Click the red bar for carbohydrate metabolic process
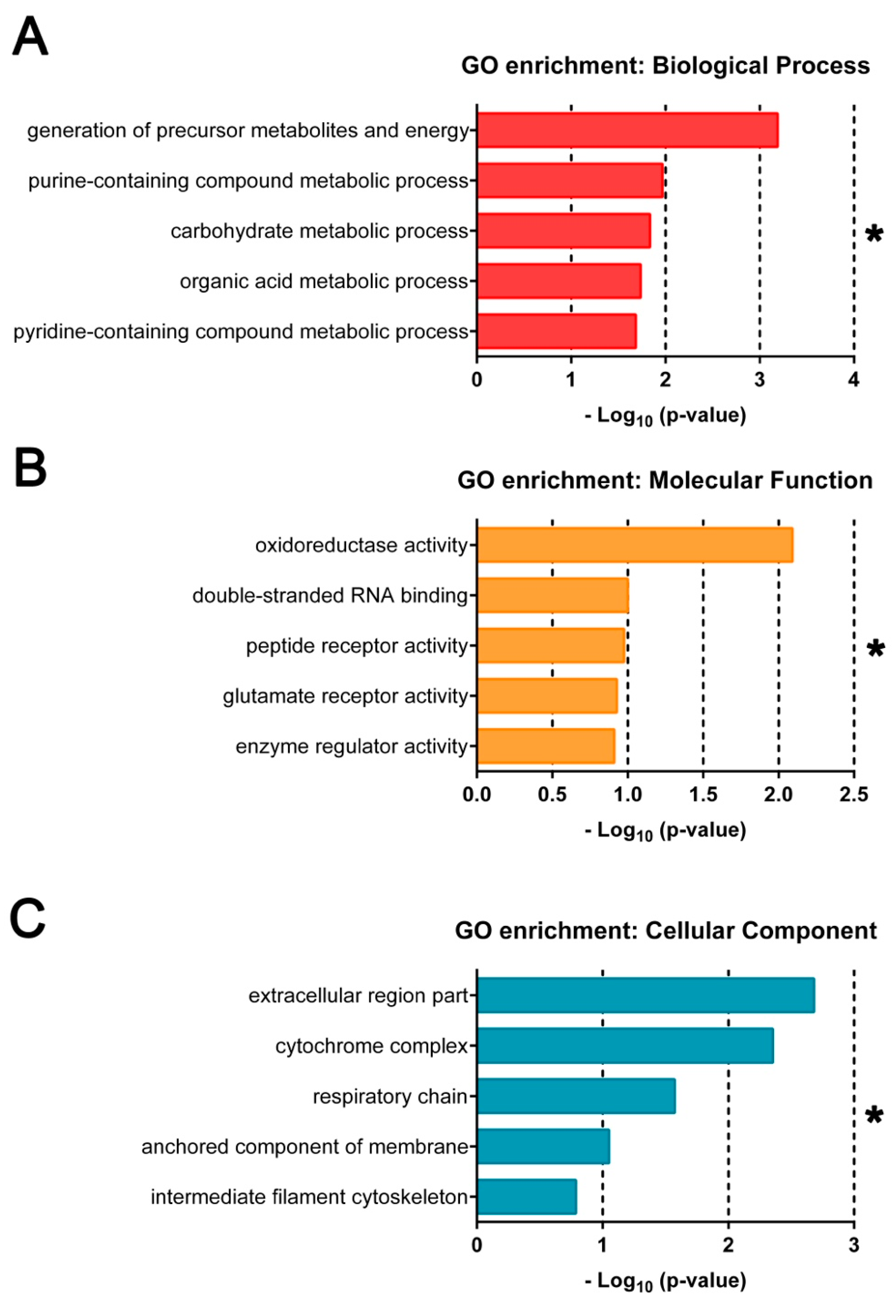click(563, 230)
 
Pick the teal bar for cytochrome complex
click(625, 1046)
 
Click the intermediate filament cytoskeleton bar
click(527, 1197)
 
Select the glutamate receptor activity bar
click(547, 696)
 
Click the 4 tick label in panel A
click(853, 380)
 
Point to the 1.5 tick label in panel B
click(703, 795)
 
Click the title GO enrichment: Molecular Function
click(665, 481)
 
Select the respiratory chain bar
click(576, 1096)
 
